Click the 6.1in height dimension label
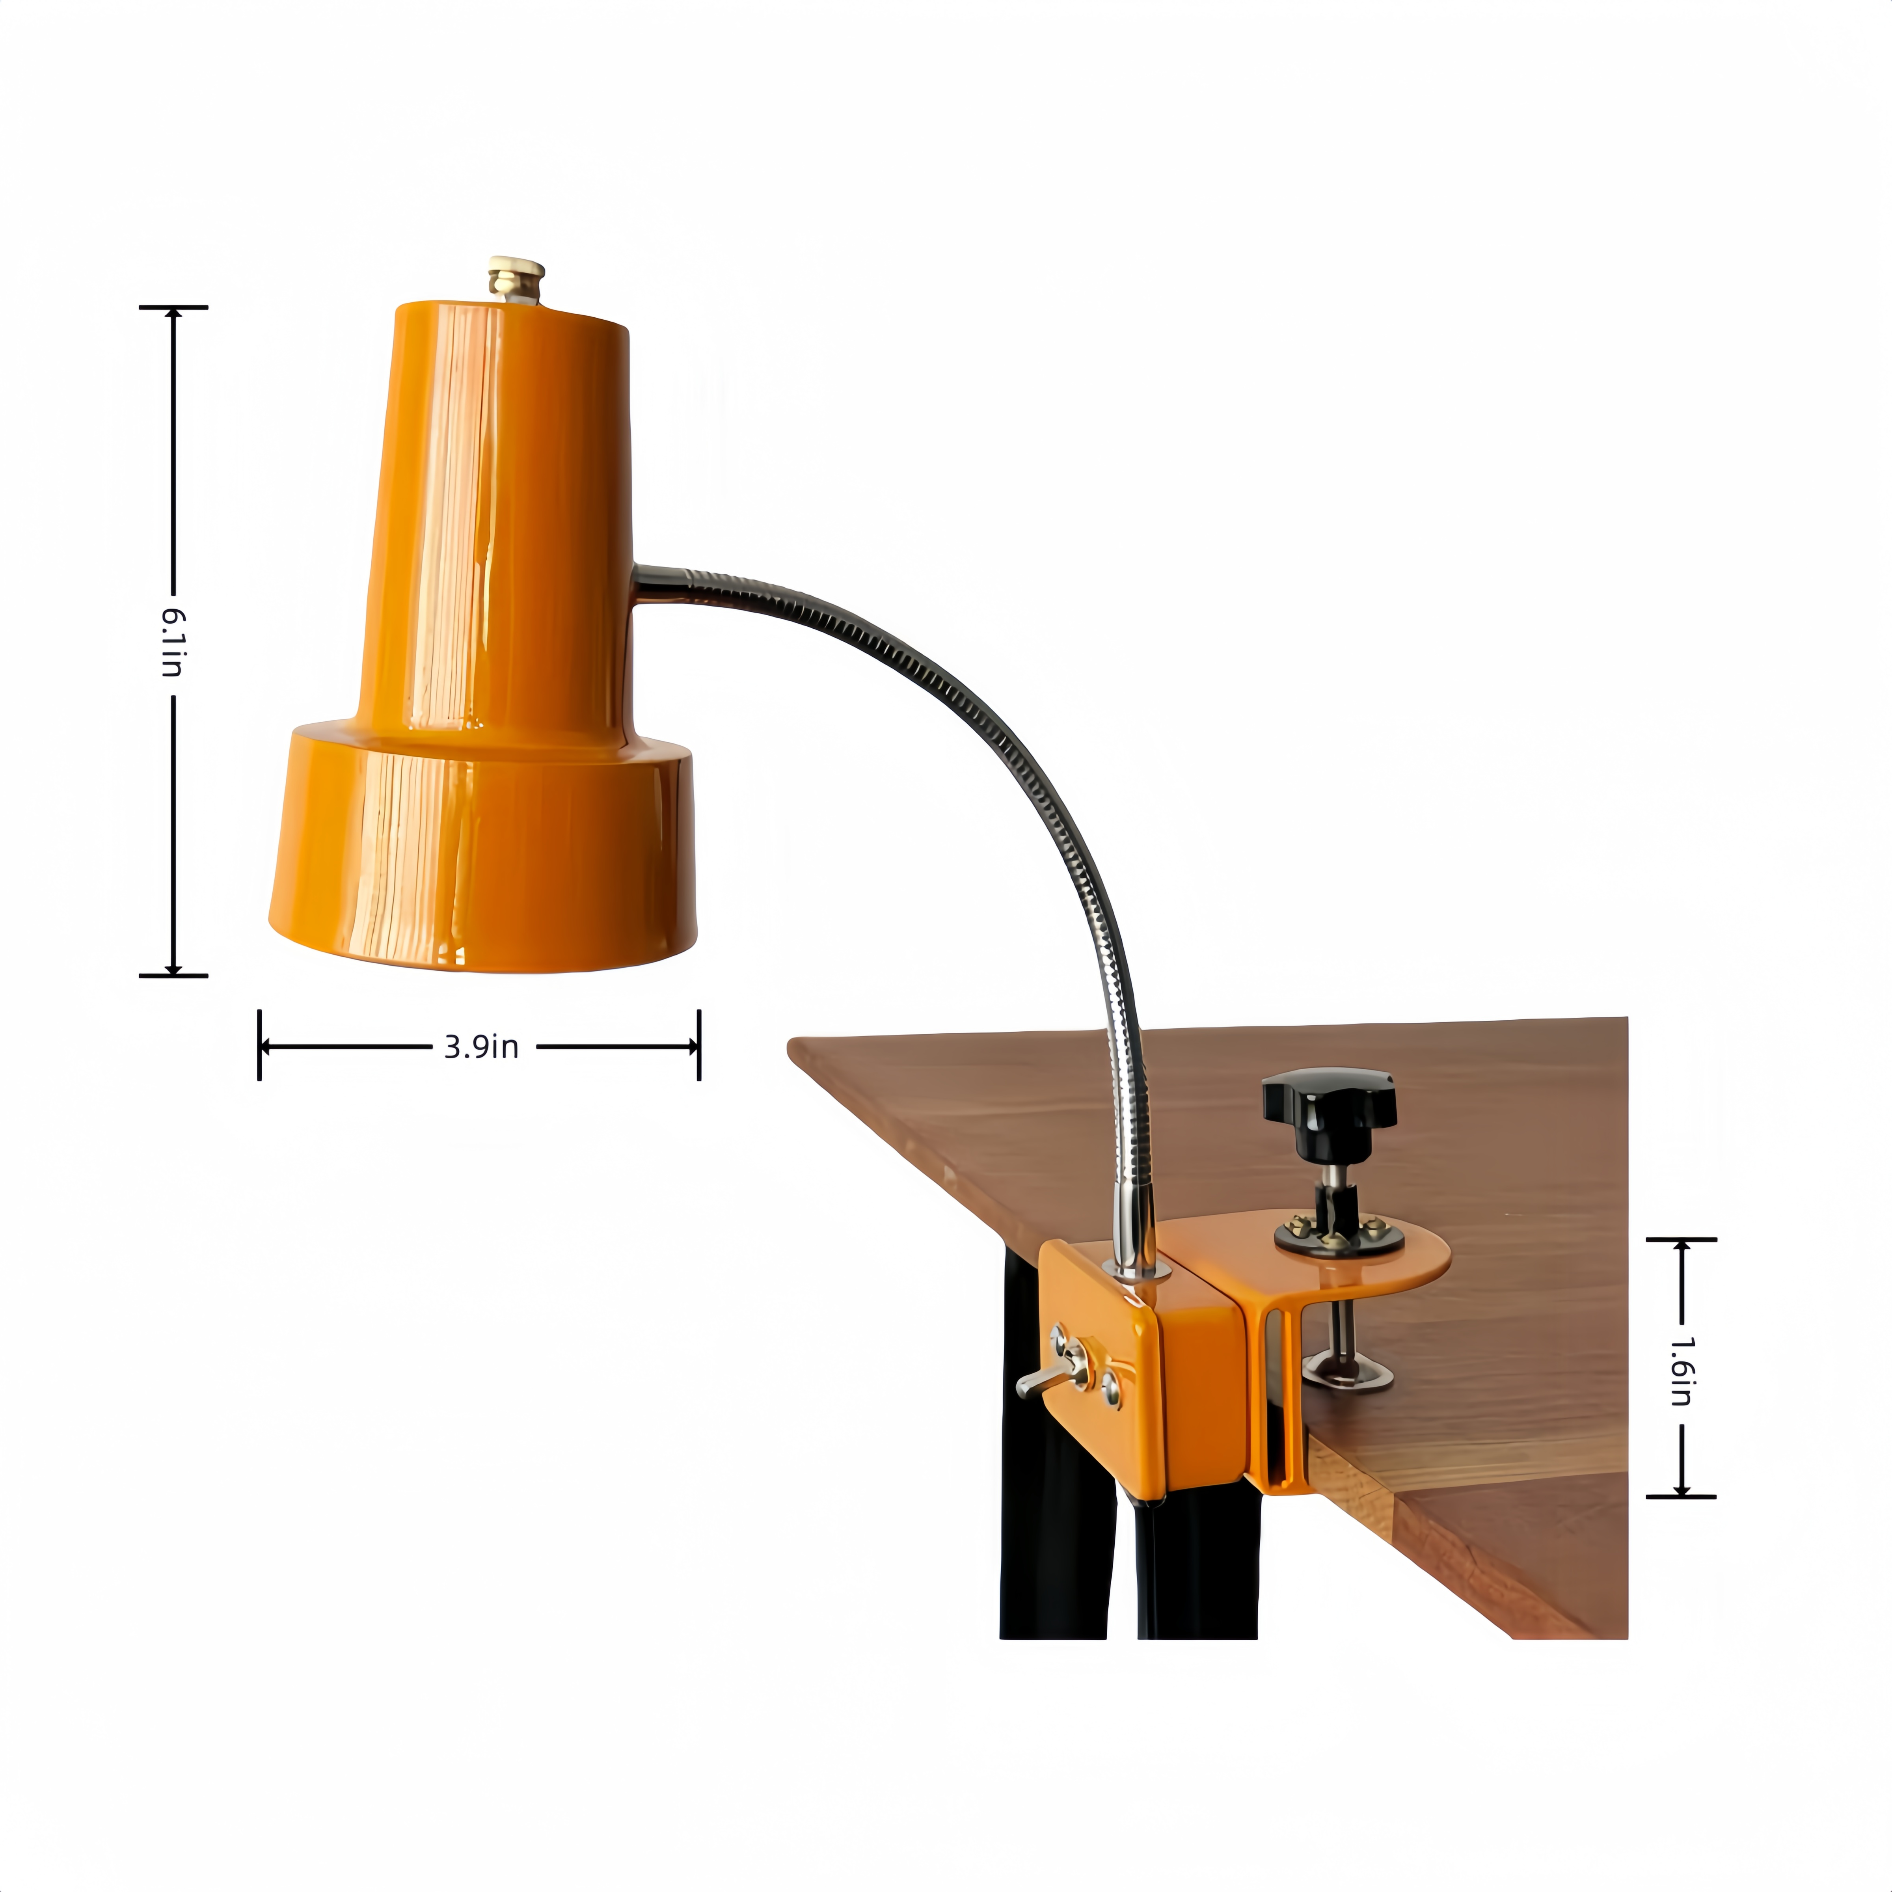pyautogui.click(x=172, y=641)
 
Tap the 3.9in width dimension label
pyautogui.click(x=481, y=1047)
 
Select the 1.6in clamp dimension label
pyautogui.click(x=1680, y=1371)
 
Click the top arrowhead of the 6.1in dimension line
pyautogui.click(x=173, y=313)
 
